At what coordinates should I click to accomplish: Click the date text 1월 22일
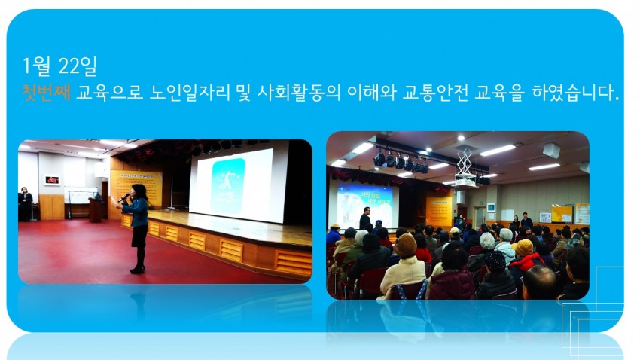tap(59, 66)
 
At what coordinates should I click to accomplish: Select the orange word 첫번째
tap(46, 93)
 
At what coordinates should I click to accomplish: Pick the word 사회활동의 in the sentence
tap(299, 93)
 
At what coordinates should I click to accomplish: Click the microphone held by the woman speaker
tap(123, 197)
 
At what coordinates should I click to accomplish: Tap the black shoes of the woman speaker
tap(137, 270)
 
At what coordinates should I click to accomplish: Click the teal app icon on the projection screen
tap(227, 186)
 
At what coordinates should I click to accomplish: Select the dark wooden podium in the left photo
tap(95, 209)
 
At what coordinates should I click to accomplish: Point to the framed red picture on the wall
tap(52, 180)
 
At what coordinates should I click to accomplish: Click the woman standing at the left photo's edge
tap(26, 203)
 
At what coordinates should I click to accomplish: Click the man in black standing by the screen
tap(365, 218)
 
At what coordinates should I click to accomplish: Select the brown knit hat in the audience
tap(406, 246)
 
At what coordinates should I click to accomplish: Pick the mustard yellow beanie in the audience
tap(523, 247)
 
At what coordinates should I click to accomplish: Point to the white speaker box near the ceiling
tap(551, 150)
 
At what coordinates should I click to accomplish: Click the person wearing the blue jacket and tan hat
tap(334, 234)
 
